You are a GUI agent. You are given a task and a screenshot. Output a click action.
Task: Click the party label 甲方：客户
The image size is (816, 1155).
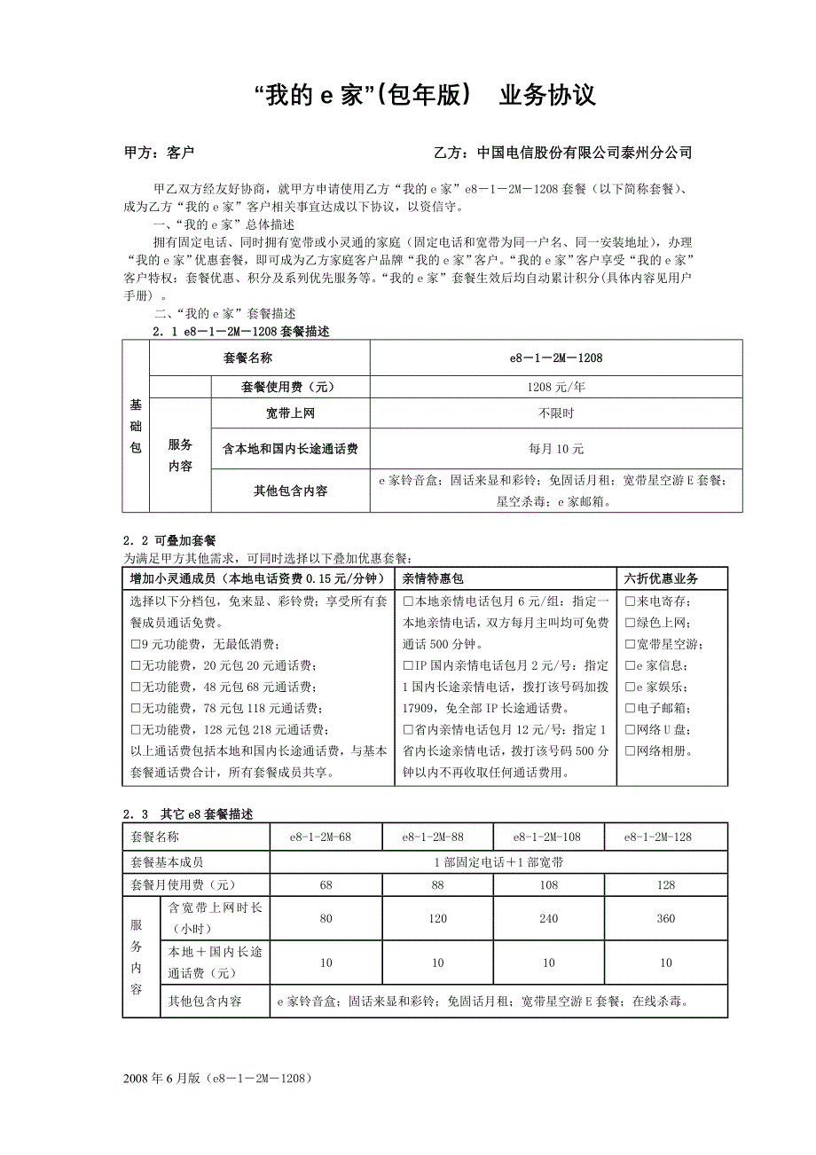[x=161, y=153]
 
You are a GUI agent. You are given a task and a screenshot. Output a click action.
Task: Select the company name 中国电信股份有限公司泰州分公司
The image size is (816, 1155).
[x=584, y=153]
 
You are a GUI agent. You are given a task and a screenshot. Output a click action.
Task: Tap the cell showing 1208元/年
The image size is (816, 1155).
[x=555, y=387]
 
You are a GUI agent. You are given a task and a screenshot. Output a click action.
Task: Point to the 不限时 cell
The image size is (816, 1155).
[x=555, y=413]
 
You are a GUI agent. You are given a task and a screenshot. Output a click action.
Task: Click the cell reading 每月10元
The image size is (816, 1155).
[x=555, y=449]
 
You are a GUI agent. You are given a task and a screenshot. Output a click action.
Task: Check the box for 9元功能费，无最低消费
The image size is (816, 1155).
[x=135, y=644]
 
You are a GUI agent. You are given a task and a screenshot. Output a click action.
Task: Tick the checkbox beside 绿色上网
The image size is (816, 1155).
[x=629, y=623]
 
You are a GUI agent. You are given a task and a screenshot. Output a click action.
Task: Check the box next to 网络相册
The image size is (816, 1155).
[x=629, y=751]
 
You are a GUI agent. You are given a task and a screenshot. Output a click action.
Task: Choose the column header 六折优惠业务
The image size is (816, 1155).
[x=661, y=578]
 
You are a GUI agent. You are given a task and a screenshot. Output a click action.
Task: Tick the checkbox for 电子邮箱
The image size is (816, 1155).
[x=629, y=709]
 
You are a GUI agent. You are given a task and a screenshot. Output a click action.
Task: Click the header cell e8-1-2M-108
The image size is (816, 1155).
[x=548, y=837]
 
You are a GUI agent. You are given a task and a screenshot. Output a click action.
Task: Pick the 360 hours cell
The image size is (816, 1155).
[x=666, y=919]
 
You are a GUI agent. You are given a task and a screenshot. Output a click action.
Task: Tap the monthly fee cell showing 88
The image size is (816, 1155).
[x=437, y=884]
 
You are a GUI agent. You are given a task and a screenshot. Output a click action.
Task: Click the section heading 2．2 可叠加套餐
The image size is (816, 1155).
[x=170, y=540]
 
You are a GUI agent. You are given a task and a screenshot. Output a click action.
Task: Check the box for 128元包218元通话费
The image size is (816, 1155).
[x=135, y=730]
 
